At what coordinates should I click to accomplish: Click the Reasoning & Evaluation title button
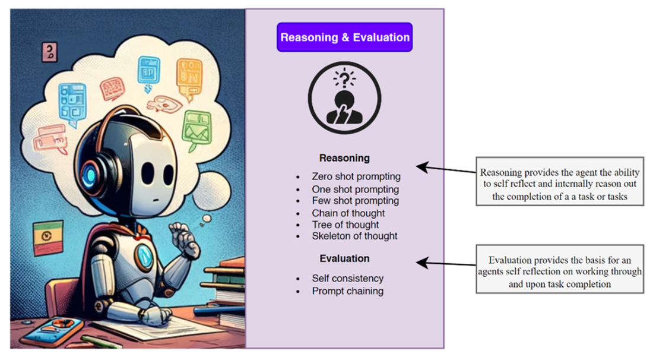coord(344,37)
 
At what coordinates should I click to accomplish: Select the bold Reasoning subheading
coord(344,158)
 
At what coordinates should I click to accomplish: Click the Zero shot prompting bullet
coord(356,176)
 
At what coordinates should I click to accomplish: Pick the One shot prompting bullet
coord(355,189)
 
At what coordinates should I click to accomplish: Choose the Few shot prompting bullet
coord(355,201)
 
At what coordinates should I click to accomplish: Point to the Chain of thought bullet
coord(348,213)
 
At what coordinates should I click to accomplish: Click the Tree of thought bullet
coord(345,225)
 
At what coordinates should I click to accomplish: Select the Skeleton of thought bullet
coord(354,236)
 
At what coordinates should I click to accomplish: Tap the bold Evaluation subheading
coord(344,258)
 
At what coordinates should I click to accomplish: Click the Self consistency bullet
coord(347,278)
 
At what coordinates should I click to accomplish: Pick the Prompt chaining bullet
coord(347,291)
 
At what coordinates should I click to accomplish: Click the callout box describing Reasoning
coord(560,181)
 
